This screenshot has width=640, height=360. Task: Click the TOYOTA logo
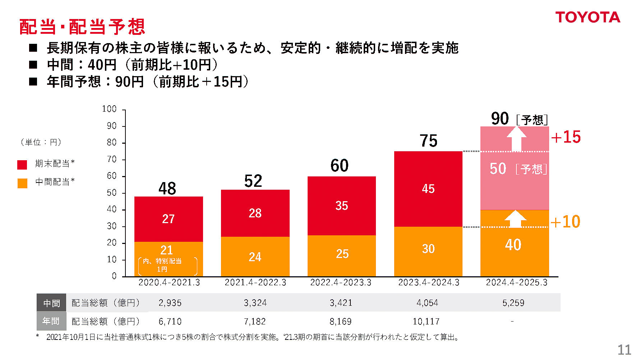pyautogui.click(x=588, y=17)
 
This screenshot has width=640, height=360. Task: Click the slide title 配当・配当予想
pyautogui.click(x=82, y=27)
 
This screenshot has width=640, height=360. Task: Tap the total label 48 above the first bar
pyautogui.click(x=167, y=189)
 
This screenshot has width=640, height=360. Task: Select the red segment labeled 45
pyautogui.click(x=428, y=189)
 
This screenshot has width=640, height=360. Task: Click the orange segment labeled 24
pyautogui.click(x=255, y=257)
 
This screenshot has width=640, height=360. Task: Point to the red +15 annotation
pyautogui.click(x=566, y=137)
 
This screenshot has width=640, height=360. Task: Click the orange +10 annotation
pyautogui.click(x=565, y=222)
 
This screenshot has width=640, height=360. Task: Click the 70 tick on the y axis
pyautogui.click(x=112, y=159)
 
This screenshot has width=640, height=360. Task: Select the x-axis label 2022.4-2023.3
pyautogui.click(x=341, y=282)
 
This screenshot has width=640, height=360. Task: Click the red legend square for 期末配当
pyautogui.click(x=22, y=165)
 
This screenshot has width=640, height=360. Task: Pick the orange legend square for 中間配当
pyautogui.click(x=22, y=183)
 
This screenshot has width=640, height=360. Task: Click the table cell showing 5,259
pyautogui.click(x=513, y=303)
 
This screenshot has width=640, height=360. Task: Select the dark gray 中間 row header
pyautogui.click(x=51, y=303)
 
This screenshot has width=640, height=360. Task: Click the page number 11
pyautogui.click(x=624, y=350)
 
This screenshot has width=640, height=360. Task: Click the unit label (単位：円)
pyautogui.click(x=41, y=142)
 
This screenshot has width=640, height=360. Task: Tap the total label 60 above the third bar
pyautogui.click(x=339, y=166)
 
